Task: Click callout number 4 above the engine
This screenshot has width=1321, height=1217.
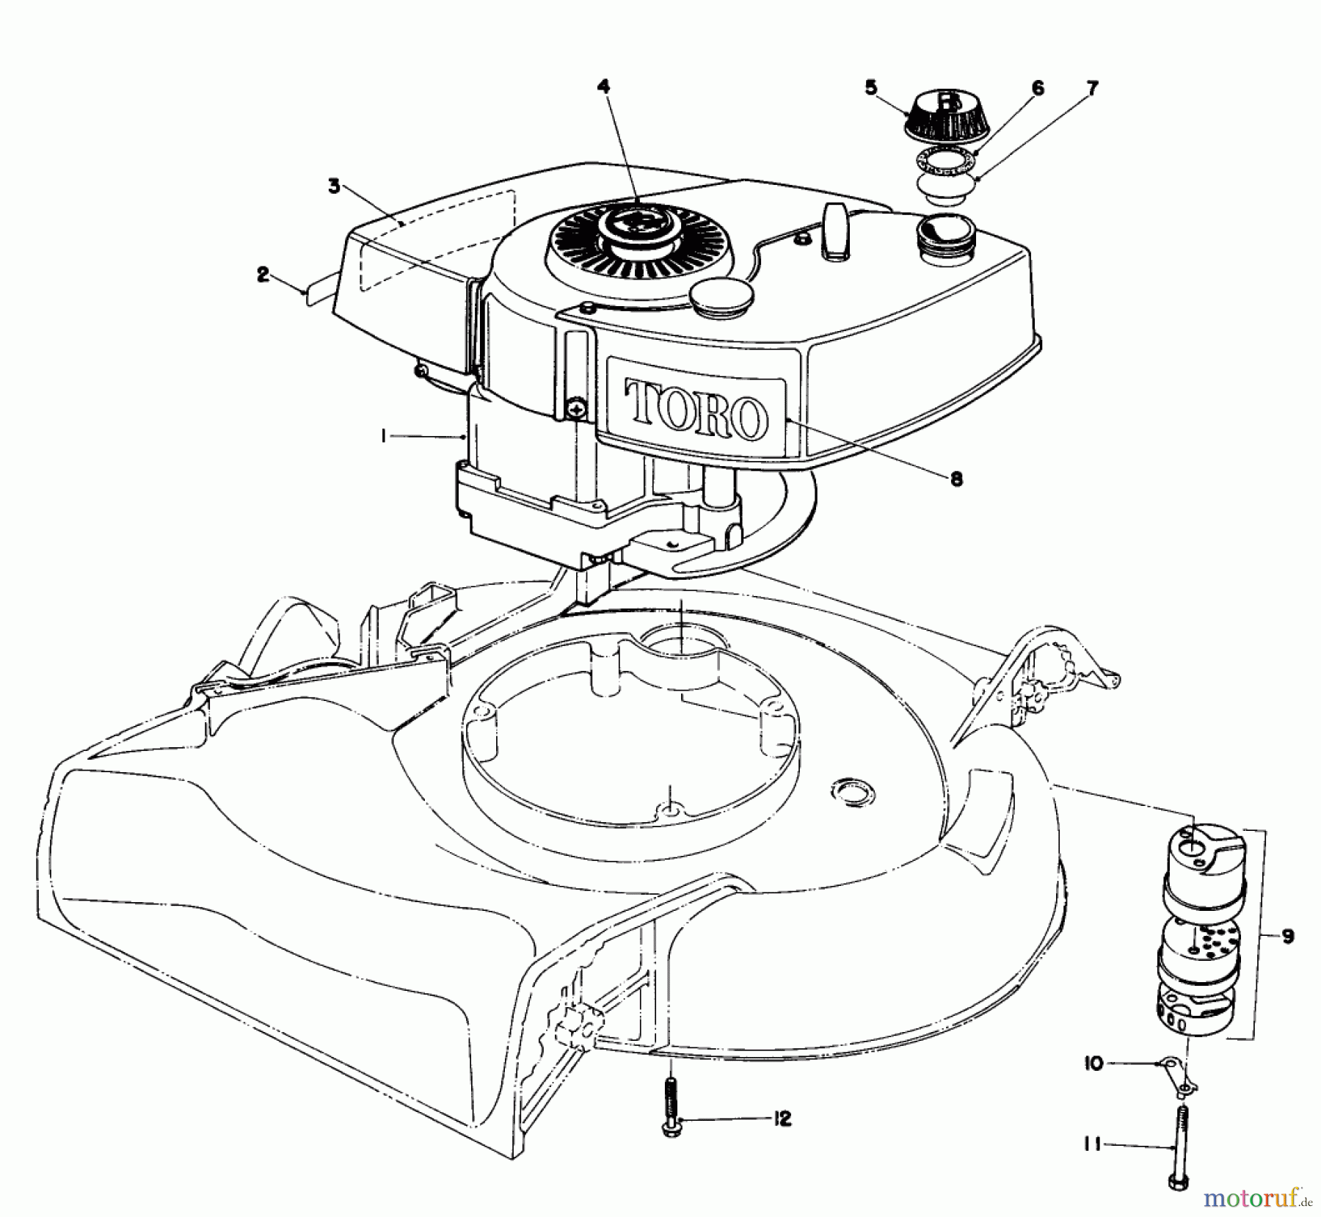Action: click(603, 87)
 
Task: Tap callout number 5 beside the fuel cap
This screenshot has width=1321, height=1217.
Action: click(870, 87)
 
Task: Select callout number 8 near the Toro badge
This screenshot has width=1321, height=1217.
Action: click(956, 479)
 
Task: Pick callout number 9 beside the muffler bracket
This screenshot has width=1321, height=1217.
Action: click(1288, 936)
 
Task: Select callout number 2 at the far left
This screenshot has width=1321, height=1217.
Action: click(263, 275)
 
